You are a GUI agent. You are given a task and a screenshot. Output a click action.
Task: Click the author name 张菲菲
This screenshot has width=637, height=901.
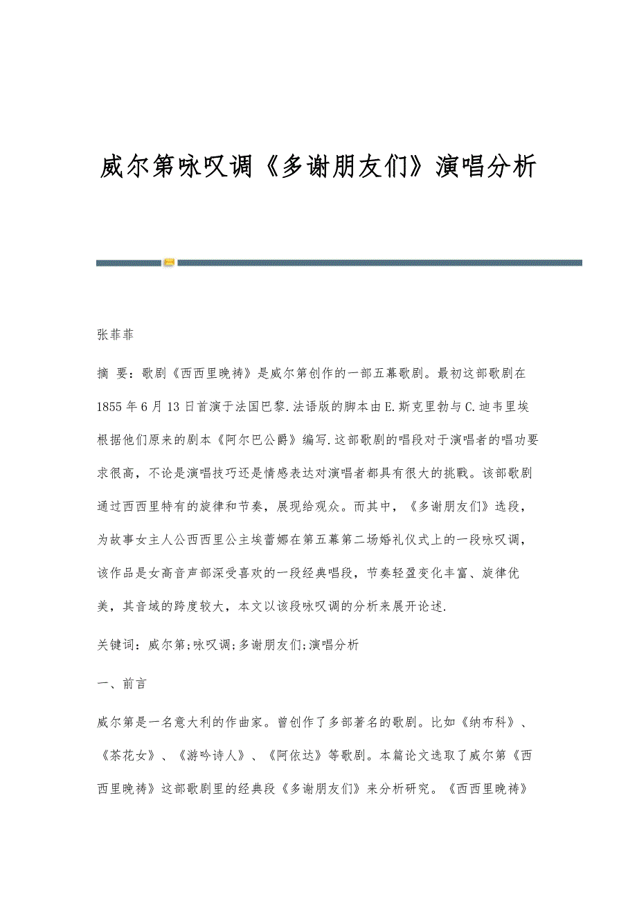(115, 336)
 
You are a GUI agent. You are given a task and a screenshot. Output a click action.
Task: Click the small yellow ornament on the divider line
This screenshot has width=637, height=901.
(169, 262)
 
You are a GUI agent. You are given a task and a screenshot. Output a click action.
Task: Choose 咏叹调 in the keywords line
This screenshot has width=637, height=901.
(212, 644)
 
